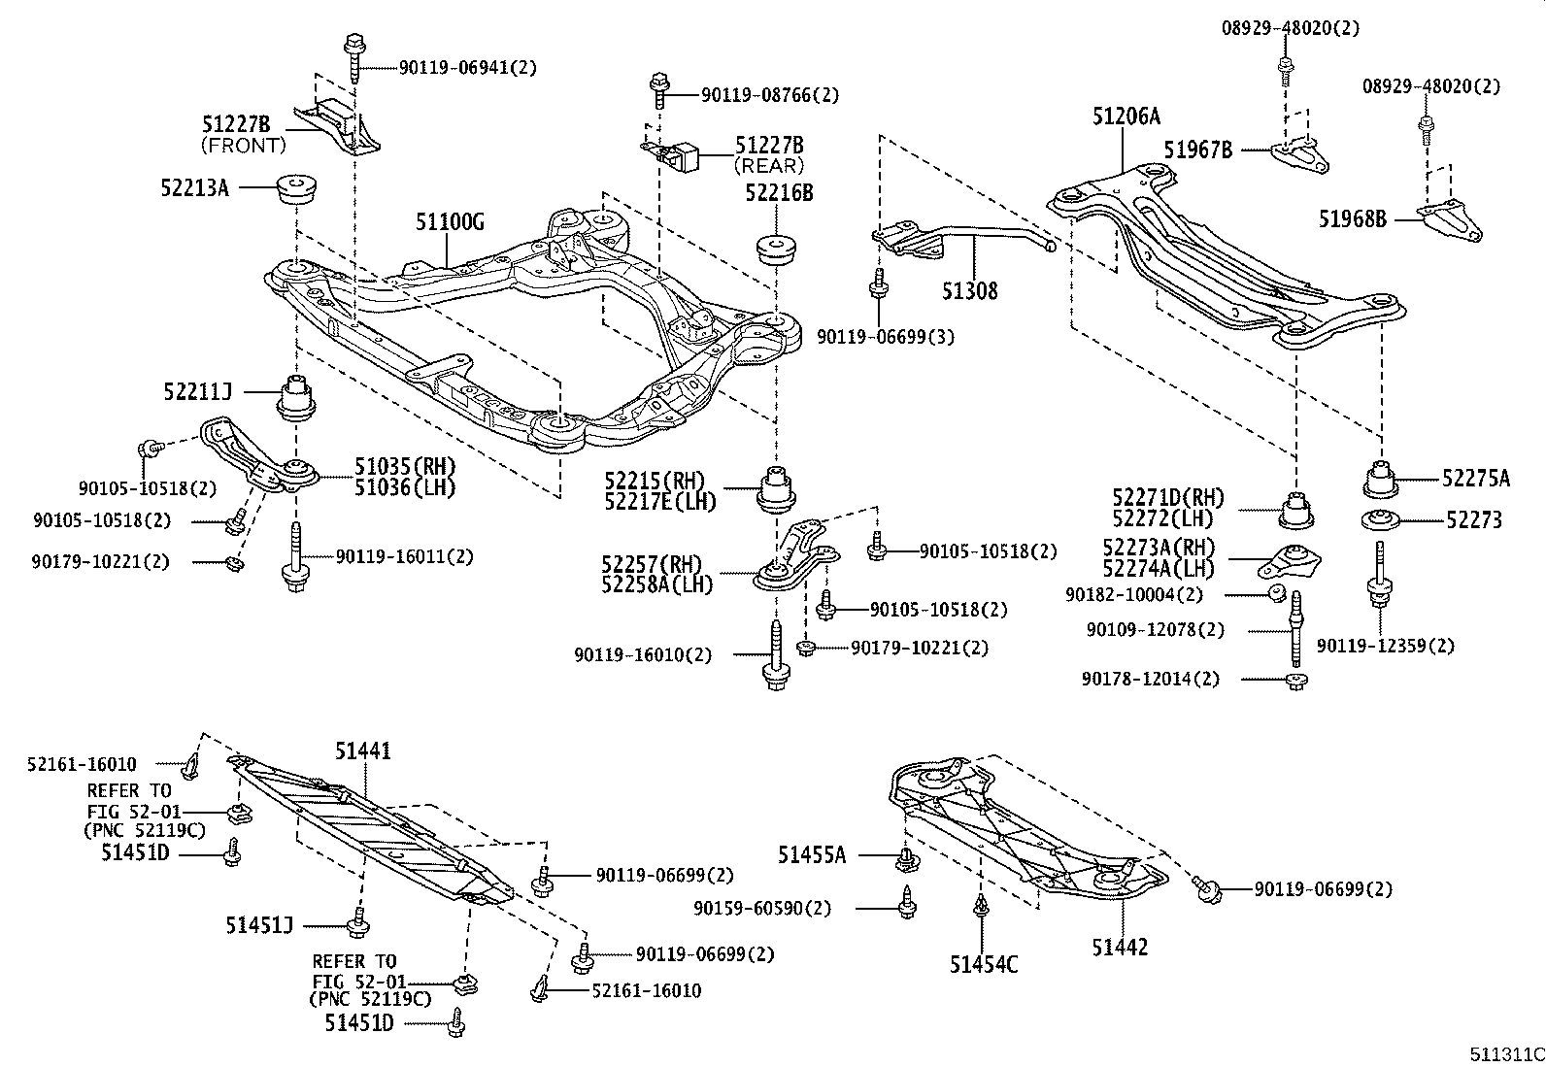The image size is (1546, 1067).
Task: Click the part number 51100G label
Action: point(450,222)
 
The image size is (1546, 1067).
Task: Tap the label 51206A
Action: point(1126,117)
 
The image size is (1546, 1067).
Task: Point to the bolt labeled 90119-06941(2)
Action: point(352,58)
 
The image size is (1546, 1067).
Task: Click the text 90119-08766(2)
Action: point(770,95)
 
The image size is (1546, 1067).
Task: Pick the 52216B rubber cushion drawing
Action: point(775,249)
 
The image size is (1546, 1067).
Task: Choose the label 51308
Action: point(969,290)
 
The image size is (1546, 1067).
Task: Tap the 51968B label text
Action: point(1352,219)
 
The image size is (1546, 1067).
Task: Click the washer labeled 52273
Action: point(1379,520)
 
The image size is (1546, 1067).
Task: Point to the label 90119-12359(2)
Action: point(1386,646)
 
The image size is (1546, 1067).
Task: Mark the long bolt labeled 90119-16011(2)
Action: point(293,558)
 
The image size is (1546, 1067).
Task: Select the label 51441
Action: point(363,750)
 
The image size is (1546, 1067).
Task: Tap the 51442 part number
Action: point(1119,947)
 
